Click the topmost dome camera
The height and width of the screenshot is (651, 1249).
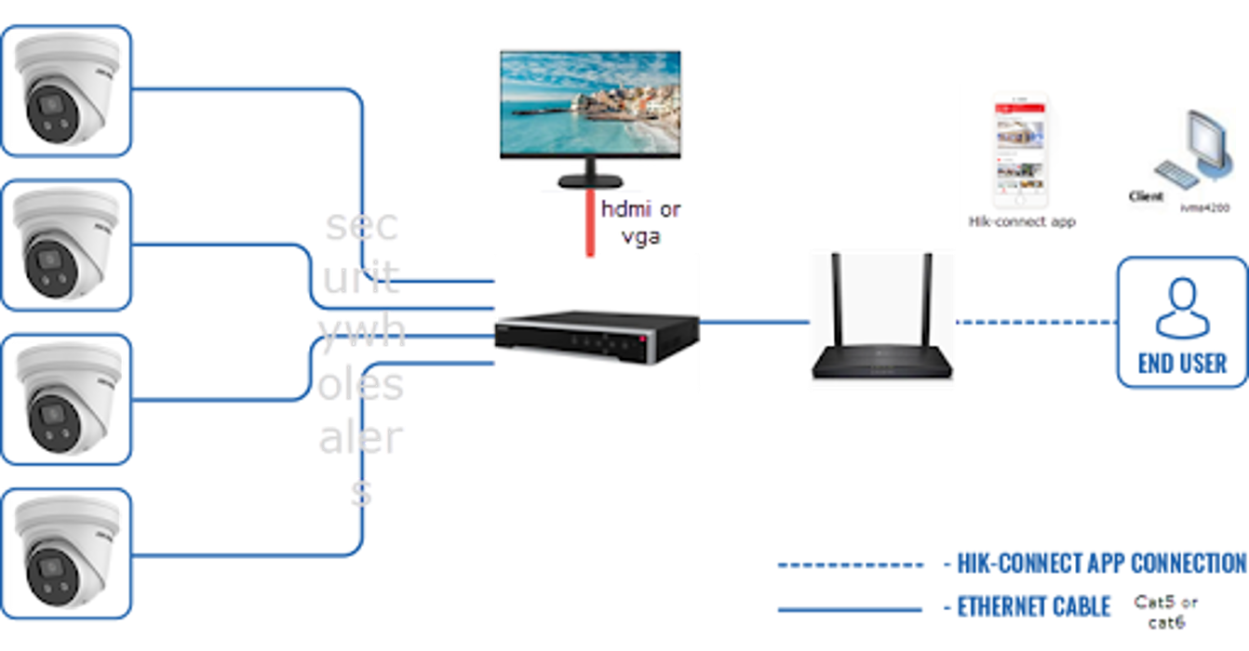tap(67, 91)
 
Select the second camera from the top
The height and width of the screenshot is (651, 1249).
tap(67, 244)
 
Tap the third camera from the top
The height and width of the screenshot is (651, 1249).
tap(67, 398)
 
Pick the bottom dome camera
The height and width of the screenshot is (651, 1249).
tap(67, 551)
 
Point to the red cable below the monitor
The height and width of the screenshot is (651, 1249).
tap(590, 223)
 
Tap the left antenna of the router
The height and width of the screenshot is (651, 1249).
tap(835, 298)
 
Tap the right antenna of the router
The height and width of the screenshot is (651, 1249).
tap(927, 298)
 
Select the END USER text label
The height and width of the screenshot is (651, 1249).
tap(1181, 362)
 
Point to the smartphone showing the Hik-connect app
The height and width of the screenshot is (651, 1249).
tap(1020, 153)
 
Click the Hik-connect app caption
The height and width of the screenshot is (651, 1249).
tap(1022, 221)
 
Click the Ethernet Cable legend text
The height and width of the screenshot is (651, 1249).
tap(1034, 607)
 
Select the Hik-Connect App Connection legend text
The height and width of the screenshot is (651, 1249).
tap(1095, 562)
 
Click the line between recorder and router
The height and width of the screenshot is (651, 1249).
tap(754, 321)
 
